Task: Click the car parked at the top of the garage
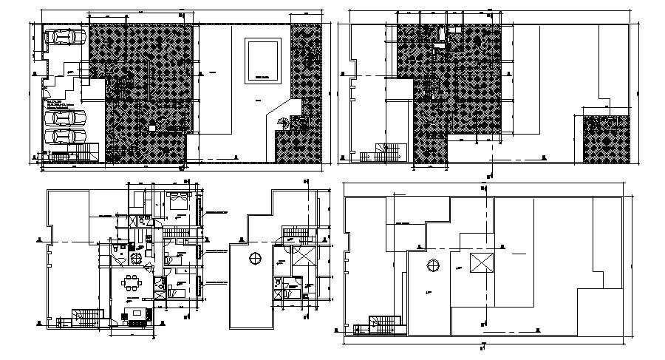pos(59,36)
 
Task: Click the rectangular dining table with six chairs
pos(133,283)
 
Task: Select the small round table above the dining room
pos(135,257)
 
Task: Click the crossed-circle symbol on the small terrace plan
pos(255,258)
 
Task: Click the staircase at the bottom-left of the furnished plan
pos(84,317)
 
